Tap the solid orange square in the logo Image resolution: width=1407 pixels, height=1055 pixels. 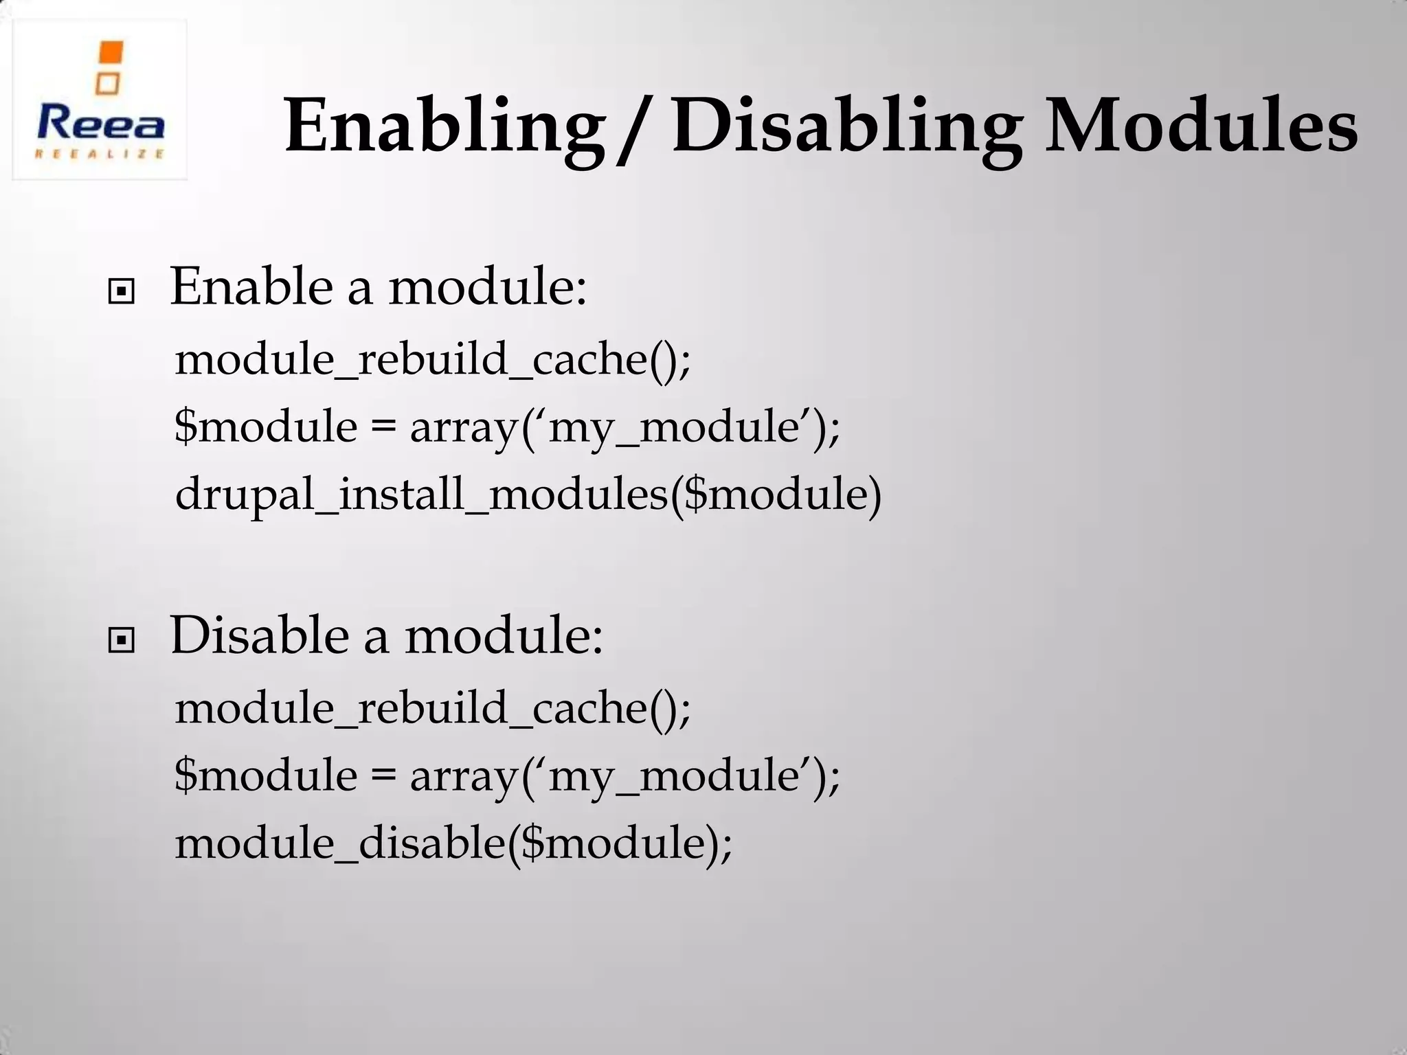click(111, 53)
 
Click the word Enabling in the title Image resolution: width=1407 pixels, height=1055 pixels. click(441, 128)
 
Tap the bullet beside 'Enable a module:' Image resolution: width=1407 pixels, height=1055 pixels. click(122, 293)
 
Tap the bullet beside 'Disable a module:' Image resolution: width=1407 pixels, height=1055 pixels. click(122, 642)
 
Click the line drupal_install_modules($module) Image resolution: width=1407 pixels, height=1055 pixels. click(528, 494)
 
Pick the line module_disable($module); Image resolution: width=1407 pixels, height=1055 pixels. click(453, 843)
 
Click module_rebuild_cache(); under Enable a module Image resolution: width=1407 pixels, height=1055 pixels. click(433, 359)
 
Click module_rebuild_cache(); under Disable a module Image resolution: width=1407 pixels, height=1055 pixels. click(433, 707)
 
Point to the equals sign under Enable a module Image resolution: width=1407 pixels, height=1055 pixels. click(383, 427)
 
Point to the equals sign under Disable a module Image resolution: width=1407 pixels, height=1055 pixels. click(383, 775)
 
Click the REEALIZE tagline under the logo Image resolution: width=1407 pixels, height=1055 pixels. click(100, 154)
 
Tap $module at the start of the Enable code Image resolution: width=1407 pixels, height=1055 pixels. click(266, 427)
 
